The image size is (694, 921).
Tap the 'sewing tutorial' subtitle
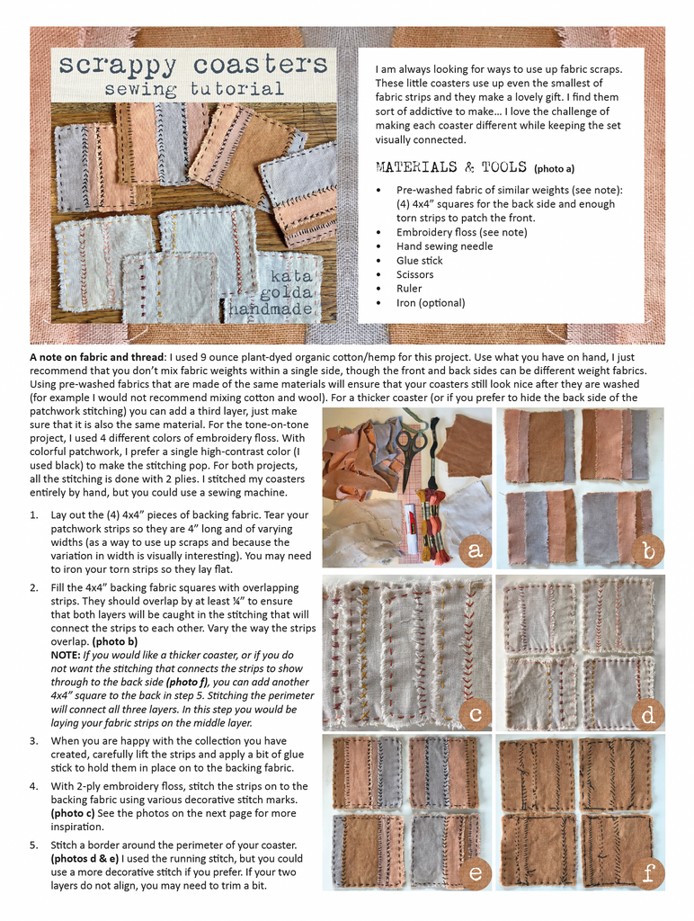[x=193, y=89]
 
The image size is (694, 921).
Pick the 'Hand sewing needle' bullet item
[x=444, y=246]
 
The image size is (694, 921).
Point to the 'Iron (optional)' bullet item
[x=431, y=303]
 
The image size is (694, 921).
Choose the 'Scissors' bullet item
[x=414, y=275]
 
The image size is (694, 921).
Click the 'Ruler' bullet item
[x=409, y=289]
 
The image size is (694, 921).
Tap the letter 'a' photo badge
[x=472, y=549]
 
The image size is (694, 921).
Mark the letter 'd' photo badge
[x=647, y=713]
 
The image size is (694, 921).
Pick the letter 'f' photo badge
[x=647, y=872]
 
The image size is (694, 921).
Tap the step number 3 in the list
[x=34, y=740]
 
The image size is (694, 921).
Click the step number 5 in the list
[x=34, y=845]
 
